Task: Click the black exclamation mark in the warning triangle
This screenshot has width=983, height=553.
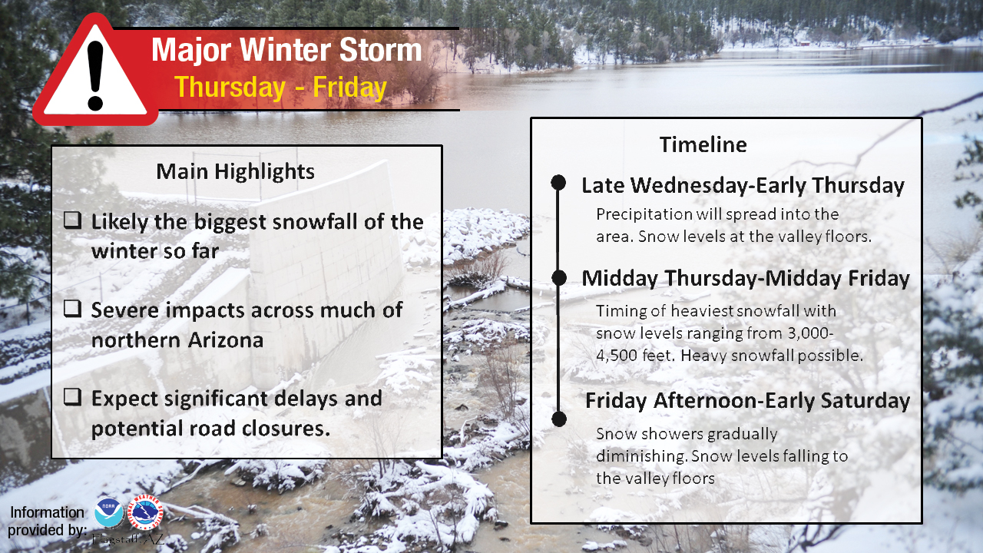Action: tap(95, 75)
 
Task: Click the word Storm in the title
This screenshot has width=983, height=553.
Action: tap(380, 50)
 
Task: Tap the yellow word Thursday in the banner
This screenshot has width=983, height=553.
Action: tap(230, 88)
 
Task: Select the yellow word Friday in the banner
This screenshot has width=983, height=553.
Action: tap(349, 88)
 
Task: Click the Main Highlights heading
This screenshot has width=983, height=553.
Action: tap(235, 171)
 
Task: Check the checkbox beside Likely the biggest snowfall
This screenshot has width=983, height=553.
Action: tap(72, 220)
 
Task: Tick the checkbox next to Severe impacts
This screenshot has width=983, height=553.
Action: tap(72, 309)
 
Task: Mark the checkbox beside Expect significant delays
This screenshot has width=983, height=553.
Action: tap(72, 397)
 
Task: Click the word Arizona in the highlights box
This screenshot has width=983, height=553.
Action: tap(226, 340)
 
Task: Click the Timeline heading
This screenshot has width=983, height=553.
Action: tap(703, 145)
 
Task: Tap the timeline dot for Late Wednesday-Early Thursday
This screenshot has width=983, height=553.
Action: tap(558, 182)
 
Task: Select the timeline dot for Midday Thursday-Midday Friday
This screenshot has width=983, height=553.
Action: tap(559, 278)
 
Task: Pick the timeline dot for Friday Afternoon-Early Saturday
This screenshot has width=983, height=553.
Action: tap(559, 419)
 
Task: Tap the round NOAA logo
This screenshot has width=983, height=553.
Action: tap(108, 512)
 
